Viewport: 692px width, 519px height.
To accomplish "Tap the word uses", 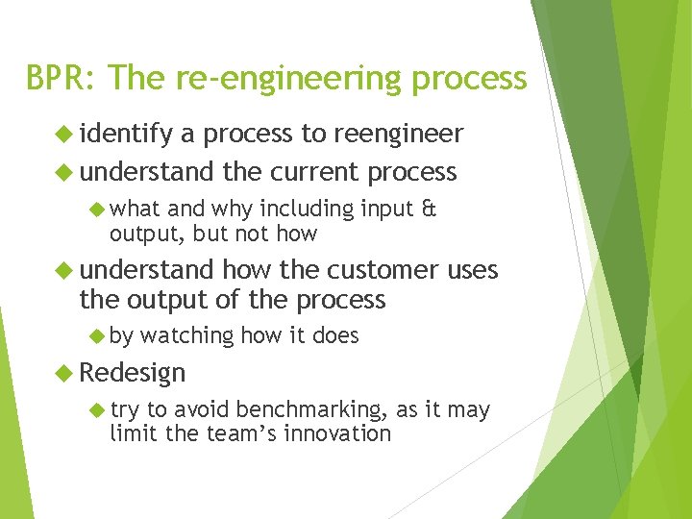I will tap(473, 272).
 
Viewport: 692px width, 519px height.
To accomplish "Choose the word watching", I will tap(187, 335).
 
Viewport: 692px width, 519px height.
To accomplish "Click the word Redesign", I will tap(133, 372).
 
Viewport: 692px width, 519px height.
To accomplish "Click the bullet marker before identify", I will tap(65, 134).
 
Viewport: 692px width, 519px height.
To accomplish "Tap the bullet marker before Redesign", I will tap(65, 372).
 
